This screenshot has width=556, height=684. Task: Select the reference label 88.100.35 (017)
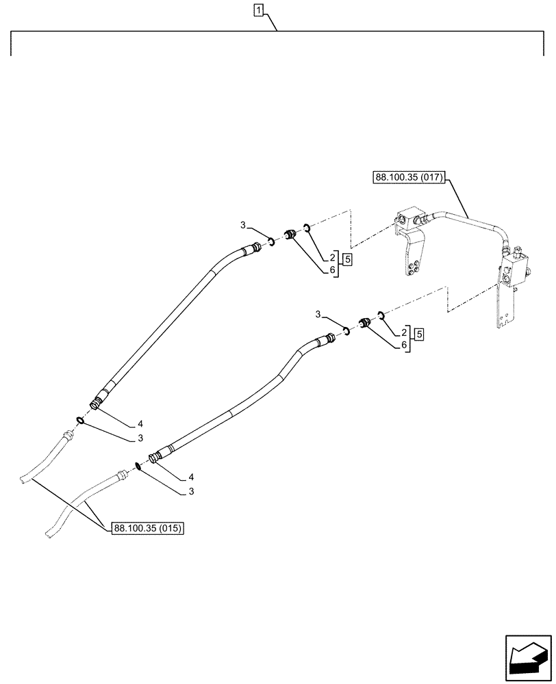pyautogui.click(x=409, y=178)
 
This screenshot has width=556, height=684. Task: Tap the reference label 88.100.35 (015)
pyautogui.click(x=149, y=528)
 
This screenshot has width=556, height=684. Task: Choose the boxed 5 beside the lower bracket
pyautogui.click(x=418, y=334)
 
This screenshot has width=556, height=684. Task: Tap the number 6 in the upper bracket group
pyautogui.click(x=332, y=270)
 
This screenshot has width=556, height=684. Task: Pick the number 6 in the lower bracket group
pyautogui.click(x=404, y=345)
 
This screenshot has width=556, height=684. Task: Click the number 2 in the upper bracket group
pyautogui.click(x=332, y=258)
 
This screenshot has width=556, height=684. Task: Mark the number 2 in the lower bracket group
pyautogui.click(x=404, y=332)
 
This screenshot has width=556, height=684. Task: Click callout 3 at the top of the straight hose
pyautogui.click(x=243, y=226)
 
